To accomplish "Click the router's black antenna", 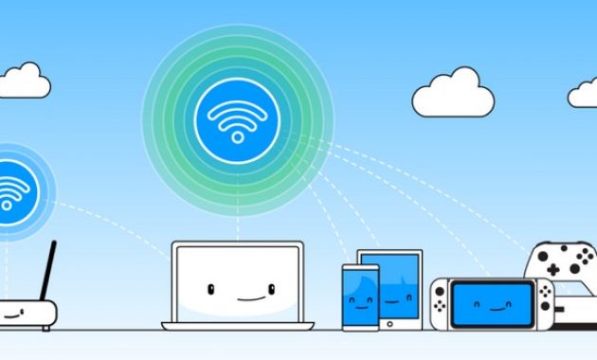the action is tap(46, 270).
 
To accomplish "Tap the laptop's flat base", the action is tap(238, 326).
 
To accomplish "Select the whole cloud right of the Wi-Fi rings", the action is tap(455, 93).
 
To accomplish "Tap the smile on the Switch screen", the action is tap(493, 307).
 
